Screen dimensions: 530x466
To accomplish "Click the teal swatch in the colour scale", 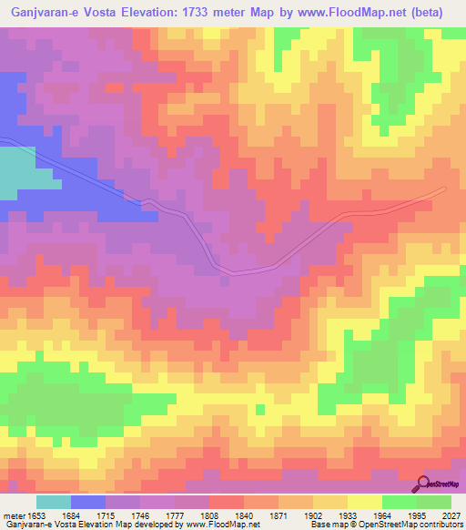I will (54, 502).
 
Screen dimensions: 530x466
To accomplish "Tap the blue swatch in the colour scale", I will (88, 502).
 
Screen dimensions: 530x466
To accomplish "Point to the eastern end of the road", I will (444, 189).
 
